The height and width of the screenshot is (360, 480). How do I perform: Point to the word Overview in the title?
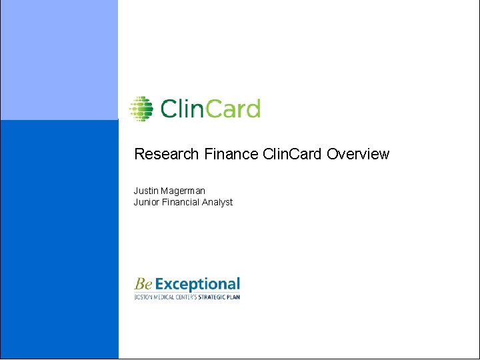click(358, 155)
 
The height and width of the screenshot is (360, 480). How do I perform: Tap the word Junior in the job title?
click(147, 202)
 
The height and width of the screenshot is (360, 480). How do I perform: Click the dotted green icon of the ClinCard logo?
click(141, 108)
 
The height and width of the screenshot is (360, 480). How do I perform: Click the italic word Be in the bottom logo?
click(143, 285)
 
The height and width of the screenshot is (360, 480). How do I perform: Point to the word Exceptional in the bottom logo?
click(197, 285)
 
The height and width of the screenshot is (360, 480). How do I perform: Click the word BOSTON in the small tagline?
click(143, 297)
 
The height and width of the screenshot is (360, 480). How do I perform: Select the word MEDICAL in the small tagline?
click(164, 297)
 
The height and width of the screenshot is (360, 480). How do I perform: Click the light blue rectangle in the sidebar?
click(59, 60)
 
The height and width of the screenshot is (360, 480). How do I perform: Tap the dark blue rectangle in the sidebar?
click(59, 240)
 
